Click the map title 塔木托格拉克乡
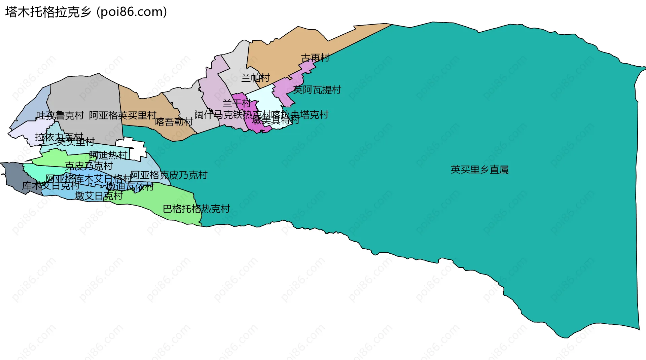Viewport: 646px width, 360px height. click(48, 12)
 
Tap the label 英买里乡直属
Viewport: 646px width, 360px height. click(479, 170)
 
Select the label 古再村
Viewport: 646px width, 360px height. click(315, 58)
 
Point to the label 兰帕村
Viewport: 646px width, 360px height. click(255, 78)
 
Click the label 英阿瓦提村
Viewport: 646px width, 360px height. click(317, 90)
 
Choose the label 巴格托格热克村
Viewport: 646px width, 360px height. click(196, 209)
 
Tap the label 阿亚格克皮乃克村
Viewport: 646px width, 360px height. click(169, 175)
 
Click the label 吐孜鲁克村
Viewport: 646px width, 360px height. click(60, 116)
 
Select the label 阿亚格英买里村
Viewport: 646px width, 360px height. click(123, 116)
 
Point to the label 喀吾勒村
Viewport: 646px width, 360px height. click(174, 122)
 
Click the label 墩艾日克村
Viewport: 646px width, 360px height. click(99, 196)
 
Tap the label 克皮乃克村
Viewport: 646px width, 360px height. click(88, 166)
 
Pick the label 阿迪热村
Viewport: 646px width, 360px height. click(108, 155)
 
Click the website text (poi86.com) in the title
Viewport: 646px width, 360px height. click(132, 12)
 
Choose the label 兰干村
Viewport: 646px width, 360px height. click(237, 103)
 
